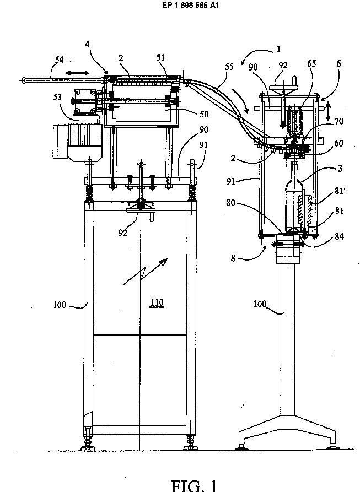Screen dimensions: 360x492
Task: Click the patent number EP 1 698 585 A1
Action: tap(190, 5)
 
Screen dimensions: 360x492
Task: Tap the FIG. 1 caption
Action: tap(194, 485)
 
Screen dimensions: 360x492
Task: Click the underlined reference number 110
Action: tap(157, 303)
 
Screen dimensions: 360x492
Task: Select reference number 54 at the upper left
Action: tap(59, 60)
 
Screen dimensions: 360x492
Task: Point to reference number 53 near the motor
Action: tap(57, 97)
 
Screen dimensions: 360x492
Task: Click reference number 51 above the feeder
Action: tap(160, 57)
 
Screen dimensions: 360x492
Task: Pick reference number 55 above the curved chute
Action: tap(229, 67)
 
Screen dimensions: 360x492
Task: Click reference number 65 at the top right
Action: tap(311, 63)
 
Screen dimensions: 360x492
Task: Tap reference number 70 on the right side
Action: tap(339, 121)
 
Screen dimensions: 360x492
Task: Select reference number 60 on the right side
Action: tap(338, 143)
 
